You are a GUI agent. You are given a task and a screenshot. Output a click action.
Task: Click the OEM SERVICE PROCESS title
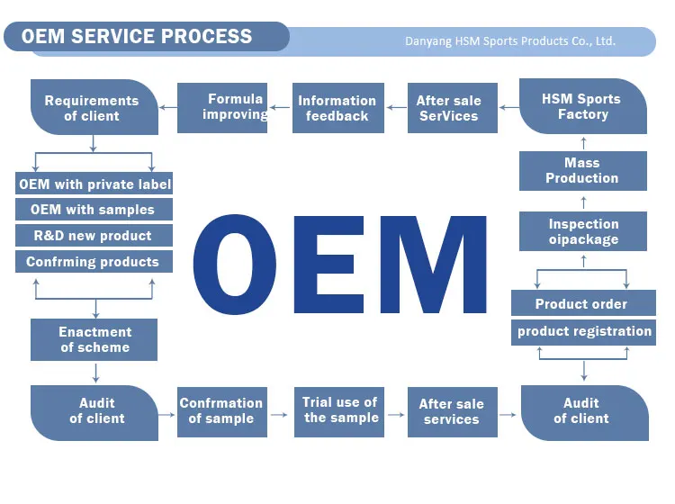tap(137, 37)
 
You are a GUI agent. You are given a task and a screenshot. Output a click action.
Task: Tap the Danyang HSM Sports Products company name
tap(509, 41)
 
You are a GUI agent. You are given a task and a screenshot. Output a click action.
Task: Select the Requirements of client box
tap(92, 108)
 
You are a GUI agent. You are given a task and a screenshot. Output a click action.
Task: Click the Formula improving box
tap(222, 107)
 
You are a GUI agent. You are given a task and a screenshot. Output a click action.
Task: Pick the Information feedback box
tap(337, 108)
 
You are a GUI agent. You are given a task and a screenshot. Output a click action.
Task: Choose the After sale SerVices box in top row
tap(448, 108)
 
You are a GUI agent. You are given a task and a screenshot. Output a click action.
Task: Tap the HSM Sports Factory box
tap(582, 106)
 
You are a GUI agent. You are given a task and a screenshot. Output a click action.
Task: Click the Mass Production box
tap(582, 170)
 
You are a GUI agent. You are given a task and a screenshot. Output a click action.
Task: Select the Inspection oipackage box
tap(583, 231)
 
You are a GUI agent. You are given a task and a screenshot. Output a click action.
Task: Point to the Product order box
tap(581, 304)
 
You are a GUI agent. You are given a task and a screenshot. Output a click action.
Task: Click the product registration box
tap(584, 331)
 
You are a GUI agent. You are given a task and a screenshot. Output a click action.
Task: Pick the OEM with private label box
tap(94, 184)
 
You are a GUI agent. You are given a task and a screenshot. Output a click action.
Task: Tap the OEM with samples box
tap(93, 210)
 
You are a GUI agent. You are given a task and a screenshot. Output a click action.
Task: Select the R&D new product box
tap(93, 236)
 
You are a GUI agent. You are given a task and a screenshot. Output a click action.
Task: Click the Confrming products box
tap(93, 262)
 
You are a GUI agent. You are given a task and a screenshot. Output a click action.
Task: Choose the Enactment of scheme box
tap(94, 339)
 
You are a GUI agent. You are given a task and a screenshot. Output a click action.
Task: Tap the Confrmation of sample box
tap(221, 411)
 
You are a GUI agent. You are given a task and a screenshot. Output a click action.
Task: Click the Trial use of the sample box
tap(340, 410)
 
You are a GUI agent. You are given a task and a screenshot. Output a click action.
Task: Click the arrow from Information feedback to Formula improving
tap(280, 107)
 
